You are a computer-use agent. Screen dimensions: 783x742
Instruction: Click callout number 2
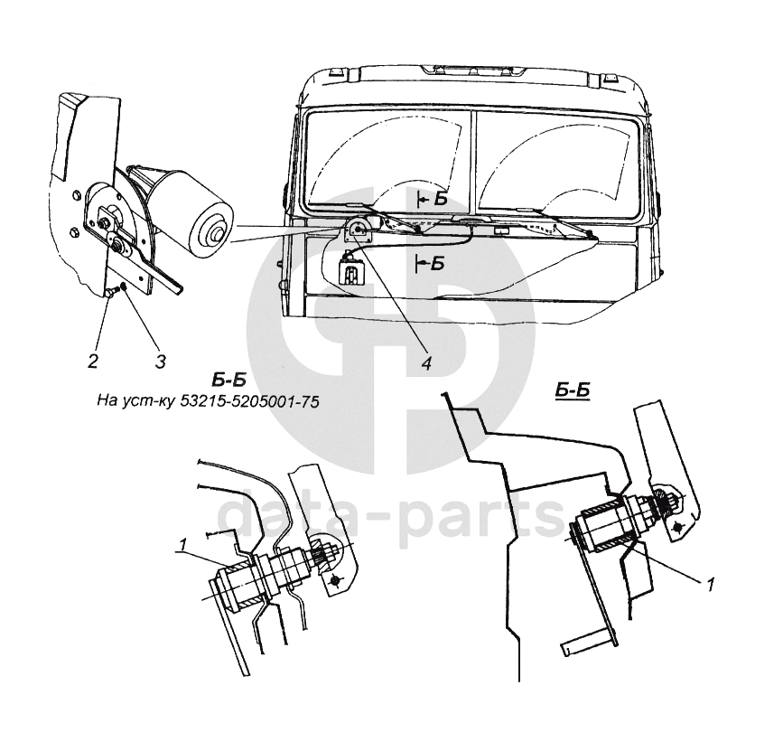[92, 362]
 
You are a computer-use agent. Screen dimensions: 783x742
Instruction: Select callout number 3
[160, 362]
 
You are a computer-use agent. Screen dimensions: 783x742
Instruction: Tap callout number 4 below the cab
[425, 363]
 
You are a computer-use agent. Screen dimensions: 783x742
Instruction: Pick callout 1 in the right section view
[711, 585]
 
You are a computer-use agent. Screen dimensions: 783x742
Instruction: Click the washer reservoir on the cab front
[350, 269]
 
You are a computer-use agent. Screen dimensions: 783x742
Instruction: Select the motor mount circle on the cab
[357, 231]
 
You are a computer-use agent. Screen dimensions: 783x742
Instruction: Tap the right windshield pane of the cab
[560, 158]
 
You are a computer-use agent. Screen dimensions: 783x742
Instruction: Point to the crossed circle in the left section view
[336, 578]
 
